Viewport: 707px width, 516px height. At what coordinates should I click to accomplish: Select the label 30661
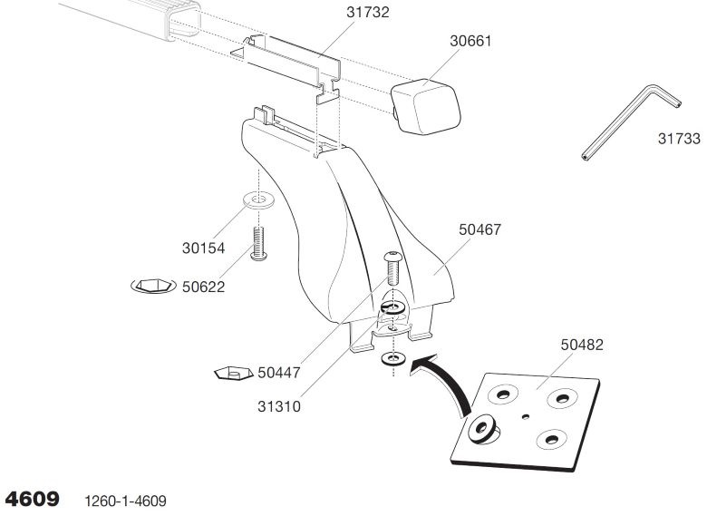click(x=473, y=41)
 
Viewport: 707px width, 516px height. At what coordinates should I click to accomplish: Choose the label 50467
click(x=479, y=230)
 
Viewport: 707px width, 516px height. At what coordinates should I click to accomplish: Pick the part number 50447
click(x=279, y=372)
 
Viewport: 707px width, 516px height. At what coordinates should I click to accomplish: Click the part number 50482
click(x=581, y=345)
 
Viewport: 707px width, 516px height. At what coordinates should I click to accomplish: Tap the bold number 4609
click(x=34, y=498)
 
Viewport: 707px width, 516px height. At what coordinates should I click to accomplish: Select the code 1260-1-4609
click(x=125, y=500)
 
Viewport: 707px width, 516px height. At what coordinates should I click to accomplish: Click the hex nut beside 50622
click(x=151, y=287)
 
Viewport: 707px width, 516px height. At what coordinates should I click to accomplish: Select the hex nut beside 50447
click(x=233, y=372)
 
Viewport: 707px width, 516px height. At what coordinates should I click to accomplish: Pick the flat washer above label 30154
click(x=257, y=199)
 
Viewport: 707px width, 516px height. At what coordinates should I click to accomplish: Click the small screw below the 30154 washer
click(x=257, y=243)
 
